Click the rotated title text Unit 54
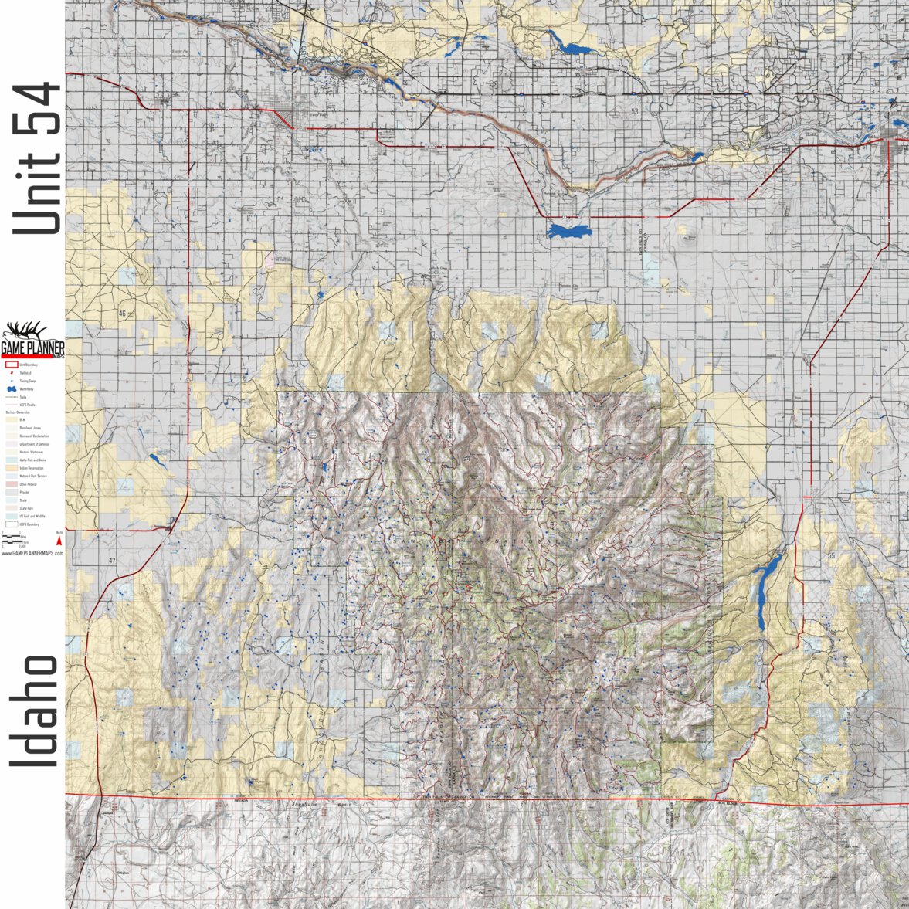pos(36,158)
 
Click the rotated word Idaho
pos(35,711)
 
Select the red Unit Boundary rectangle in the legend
pos(11,365)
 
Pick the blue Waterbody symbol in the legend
pos(11,389)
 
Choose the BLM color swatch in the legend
pos(11,419)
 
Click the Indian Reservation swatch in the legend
pos(11,468)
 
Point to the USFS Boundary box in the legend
pos(11,524)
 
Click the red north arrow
pos(59,541)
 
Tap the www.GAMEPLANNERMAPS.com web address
pos(32,553)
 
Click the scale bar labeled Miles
pos(14,534)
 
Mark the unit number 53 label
pos(635,113)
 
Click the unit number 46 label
pos(122,314)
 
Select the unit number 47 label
pos(112,560)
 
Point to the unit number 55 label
pos(831,556)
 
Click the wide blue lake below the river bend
pos(569,231)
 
